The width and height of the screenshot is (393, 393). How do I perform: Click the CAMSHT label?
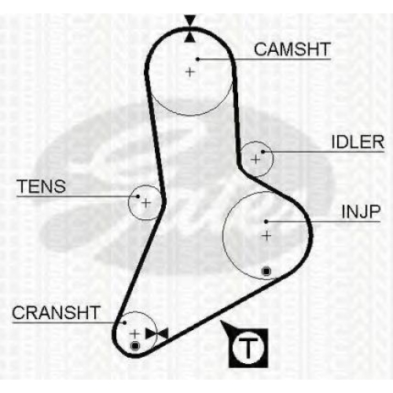(x=292, y=50)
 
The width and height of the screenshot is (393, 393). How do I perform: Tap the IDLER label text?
(x=358, y=142)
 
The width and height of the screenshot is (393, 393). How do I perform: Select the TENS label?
(x=42, y=186)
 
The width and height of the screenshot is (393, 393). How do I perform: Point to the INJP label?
(x=361, y=211)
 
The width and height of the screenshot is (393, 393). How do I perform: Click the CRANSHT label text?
(x=56, y=312)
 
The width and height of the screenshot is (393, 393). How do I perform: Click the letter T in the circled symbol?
(x=248, y=347)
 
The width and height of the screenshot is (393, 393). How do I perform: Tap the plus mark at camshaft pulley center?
(x=190, y=72)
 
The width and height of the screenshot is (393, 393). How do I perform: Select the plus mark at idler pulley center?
(x=255, y=160)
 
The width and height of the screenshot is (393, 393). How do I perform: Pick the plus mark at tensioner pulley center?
(x=146, y=203)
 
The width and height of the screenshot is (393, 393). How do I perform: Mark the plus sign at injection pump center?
(x=266, y=236)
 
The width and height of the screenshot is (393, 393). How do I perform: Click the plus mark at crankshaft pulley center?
(x=134, y=334)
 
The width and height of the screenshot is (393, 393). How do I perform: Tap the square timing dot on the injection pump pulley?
(x=266, y=271)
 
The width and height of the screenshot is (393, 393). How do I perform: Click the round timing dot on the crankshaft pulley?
(x=134, y=346)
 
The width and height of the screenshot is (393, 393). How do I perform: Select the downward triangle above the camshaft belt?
(x=190, y=20)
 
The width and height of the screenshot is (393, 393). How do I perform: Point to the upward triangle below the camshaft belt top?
(x=190, y=37)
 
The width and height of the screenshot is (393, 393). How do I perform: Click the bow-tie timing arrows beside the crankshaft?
(x=156, y=334)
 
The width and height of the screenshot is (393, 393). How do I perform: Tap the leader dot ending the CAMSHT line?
(x=198, y=59)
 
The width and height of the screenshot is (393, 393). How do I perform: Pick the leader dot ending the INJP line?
(x=266, y=222)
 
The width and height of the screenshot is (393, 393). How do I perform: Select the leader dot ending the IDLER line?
(x=263, y=152)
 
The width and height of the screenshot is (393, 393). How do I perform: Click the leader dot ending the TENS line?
(x=138, y=196)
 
